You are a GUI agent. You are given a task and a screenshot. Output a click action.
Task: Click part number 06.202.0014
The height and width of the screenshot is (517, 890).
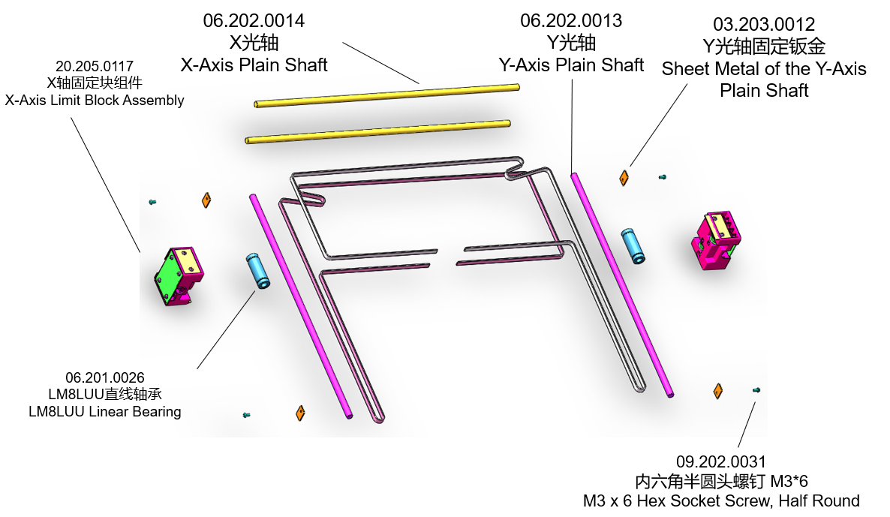pos(254,20)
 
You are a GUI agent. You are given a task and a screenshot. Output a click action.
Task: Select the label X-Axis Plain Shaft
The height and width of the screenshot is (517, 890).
pos(254,65)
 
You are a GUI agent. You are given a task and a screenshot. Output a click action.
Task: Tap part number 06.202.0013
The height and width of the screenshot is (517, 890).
pos(571,20)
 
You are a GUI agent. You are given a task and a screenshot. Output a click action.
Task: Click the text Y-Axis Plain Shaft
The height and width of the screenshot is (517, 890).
pos(571,65)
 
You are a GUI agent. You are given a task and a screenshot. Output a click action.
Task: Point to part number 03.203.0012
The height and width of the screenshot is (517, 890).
pos(764,25)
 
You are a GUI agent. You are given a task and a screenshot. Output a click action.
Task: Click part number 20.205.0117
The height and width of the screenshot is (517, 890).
pos(95,66)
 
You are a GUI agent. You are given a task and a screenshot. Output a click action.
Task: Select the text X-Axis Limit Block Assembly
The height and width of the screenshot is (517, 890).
pos(95,100)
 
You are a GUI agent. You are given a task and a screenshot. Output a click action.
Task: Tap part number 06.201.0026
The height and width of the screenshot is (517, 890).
pos(105,377)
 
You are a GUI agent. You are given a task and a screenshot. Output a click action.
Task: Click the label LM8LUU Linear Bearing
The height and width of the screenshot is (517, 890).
pos(105,411)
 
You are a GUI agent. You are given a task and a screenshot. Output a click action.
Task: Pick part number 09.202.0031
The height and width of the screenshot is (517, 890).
pos(721,462)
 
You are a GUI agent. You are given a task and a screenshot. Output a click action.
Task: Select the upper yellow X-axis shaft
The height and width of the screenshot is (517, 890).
pos(387,96)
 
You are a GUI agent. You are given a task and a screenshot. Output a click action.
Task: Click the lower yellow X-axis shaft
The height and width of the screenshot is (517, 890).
pos(378,130)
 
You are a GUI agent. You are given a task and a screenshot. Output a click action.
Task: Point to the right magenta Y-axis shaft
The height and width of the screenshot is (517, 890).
pos(621,284)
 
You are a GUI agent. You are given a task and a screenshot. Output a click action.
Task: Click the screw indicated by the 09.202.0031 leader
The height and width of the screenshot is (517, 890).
pos(756,390)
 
